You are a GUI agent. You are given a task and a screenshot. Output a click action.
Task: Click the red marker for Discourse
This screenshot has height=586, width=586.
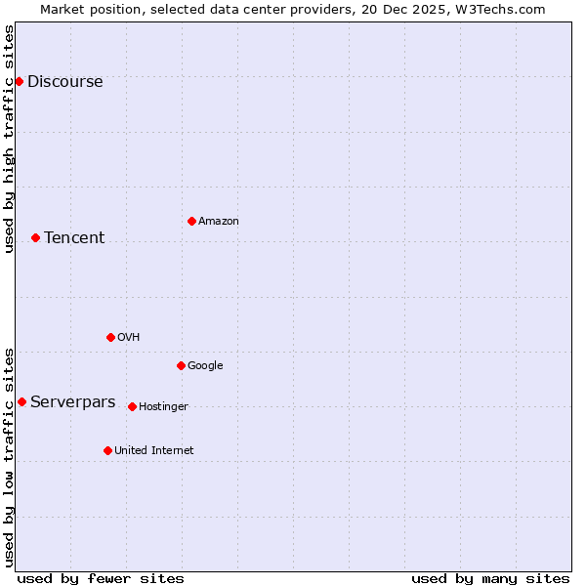(19, 81)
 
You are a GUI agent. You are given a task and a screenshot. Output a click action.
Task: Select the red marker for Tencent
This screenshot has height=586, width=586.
(35, 237)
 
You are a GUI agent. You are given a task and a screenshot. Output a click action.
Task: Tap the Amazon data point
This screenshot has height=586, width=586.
(191, 221)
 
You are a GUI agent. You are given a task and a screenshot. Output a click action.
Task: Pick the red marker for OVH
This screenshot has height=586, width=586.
(110, 337)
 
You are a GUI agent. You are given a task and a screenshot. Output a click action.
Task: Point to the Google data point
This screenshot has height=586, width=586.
(181, 365)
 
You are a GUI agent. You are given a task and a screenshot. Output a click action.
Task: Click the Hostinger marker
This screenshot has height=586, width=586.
(132, 406)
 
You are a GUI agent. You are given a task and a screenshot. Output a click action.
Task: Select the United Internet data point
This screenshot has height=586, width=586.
(107, 450)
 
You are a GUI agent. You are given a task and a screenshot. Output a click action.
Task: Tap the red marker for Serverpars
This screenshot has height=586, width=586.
(21, 401)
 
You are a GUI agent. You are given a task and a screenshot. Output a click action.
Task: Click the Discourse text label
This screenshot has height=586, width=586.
(64, 82)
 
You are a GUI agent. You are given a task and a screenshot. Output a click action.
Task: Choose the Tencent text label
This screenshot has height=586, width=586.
(74, 238)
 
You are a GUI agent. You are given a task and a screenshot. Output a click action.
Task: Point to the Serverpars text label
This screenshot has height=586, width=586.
(72, 402)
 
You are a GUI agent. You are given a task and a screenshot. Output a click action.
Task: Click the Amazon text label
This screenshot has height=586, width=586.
(219, 222)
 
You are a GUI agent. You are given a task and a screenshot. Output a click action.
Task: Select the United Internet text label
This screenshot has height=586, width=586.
(153, 451)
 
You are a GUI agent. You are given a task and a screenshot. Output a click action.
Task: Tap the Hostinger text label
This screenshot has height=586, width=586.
(163, 407)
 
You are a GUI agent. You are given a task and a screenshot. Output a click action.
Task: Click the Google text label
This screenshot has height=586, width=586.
(205, 366)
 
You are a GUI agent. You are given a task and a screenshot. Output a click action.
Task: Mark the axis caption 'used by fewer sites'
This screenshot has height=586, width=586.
(101, 578)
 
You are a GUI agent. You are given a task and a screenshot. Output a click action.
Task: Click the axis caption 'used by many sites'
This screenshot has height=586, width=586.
(490, 578)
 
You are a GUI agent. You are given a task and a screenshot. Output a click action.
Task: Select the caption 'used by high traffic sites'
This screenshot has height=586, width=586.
(10, 139)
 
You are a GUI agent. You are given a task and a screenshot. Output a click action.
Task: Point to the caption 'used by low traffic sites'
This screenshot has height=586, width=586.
(10, 456)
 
